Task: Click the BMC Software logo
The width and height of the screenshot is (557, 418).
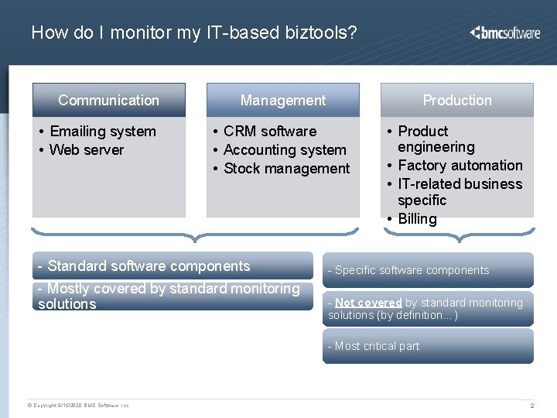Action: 504,33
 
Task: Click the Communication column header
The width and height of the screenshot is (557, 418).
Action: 109,100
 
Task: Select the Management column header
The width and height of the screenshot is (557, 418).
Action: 283,100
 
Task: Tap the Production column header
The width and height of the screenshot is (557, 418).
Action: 457,100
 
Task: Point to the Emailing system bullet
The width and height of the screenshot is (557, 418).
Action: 102,132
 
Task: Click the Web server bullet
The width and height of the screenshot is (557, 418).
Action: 86,150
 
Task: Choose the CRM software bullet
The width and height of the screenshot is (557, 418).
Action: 269,132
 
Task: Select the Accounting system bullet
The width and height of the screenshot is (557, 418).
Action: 284,150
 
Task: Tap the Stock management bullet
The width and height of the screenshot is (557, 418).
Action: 286,169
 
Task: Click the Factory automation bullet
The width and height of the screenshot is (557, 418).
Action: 460,166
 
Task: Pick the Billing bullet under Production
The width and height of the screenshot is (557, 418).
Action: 417,219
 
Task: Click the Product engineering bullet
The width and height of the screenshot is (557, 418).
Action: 436,139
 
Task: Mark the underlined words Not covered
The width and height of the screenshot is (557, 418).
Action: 368,303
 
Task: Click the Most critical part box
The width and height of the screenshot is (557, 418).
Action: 428,346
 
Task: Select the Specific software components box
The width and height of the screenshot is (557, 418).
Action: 428,270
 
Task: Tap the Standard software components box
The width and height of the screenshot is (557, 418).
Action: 173,266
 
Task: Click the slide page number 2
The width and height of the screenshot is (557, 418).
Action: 531,406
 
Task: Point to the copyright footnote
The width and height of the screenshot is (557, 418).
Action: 78,406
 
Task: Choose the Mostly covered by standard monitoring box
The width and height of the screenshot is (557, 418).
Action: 173,296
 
